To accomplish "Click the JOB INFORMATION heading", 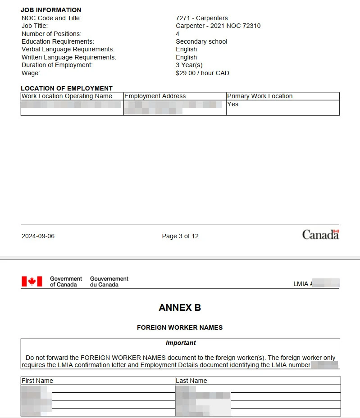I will click(51, 10).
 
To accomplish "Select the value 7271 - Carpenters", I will click(201, 18).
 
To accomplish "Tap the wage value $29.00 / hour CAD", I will click(202, 73).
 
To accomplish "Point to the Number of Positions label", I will click(51, 34).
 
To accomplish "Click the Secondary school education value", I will click(201, 41).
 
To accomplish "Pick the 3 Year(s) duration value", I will click(189, 65).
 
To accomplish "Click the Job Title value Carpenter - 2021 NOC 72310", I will click(218, 26).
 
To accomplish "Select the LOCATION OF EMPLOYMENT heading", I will click(67, 88).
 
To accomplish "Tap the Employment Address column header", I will click(155, 96).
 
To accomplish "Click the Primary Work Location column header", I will click(260, 96).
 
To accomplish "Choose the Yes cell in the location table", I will click(233, 104).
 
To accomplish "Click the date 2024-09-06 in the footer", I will click(38, 236).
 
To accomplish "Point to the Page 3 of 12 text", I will click(180, 236).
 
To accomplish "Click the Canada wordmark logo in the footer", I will click(320, 235).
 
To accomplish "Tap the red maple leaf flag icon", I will click(32, 282).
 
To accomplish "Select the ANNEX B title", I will click(180, 308).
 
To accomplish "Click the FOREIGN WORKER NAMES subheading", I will click(180, 327).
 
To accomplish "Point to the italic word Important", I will click(181, 343).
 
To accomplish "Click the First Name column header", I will click(37, 381).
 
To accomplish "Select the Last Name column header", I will click(191, 381).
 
